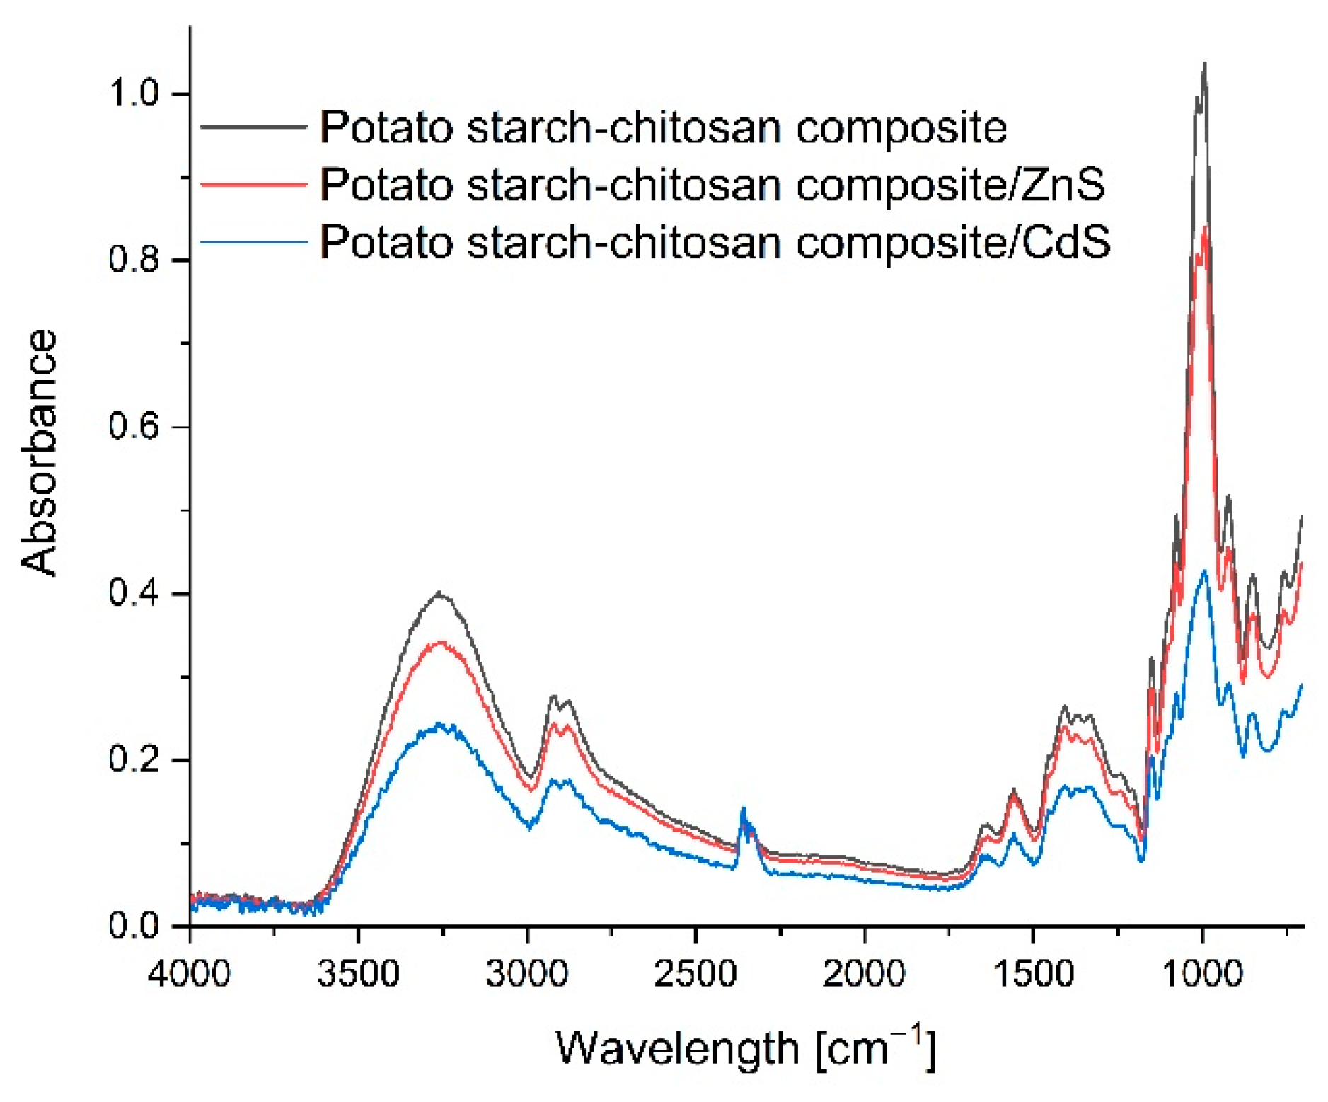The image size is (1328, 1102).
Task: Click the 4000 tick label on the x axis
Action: tap(190, 973)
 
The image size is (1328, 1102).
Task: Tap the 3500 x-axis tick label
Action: tap(358, 973)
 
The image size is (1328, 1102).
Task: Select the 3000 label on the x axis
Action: tap(527, 973)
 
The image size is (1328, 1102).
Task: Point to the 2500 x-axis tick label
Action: tap(695, 973)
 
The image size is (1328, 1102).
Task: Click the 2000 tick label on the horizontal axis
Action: tap(864, 973)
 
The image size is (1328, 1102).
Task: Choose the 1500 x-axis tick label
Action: tap(1033, 973)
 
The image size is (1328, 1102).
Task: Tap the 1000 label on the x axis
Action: tap(1202, 973)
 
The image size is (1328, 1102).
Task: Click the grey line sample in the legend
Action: tap(254, 127)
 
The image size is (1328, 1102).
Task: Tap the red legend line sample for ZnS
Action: tap(254, 184)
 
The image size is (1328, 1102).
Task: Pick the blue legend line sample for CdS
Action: tap(254, 242)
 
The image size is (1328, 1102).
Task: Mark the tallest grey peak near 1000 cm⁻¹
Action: tap(1204, 65)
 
